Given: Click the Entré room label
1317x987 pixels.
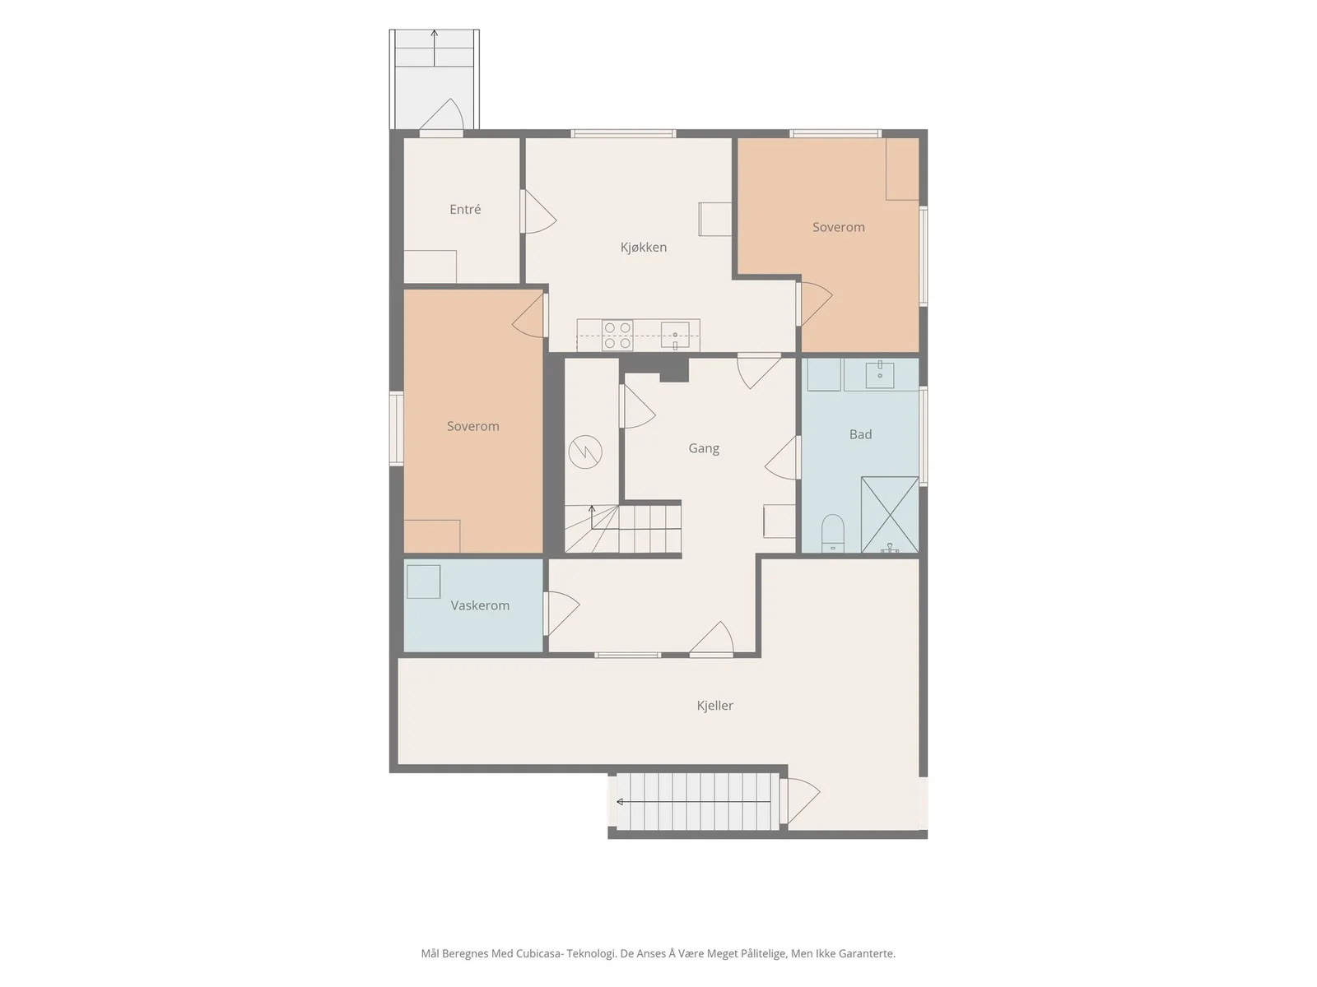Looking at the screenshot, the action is [x=465, y=209].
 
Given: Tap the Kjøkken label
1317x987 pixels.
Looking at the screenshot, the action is [x=643, y=247].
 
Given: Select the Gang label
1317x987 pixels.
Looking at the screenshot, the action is [x=704, y=448].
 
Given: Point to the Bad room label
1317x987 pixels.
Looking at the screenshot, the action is [x=860, y=434].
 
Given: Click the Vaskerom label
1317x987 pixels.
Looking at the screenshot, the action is [x=480, y=605].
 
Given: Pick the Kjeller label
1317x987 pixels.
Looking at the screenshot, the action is [x=714, y=706].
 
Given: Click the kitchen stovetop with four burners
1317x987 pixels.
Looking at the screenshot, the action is [x=617, y=336].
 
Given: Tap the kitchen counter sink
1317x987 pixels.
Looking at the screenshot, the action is [x=675, y=335].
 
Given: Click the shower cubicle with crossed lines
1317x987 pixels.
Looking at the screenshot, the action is [x=889, y=514].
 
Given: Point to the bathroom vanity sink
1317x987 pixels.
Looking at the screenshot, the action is [x=880, y=374].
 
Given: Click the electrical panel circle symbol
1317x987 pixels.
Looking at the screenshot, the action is [x=585, y=452].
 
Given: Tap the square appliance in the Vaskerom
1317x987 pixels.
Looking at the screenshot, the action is [x=424, y=582].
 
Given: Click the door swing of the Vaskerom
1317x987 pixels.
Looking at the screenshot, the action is [x=561, y=614].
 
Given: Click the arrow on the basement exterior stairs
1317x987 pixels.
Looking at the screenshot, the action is [x=694, y=801].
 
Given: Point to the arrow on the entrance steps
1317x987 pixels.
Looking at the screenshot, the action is [x=434, y=48].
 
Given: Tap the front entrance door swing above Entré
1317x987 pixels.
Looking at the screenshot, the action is [x=441, y=114].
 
